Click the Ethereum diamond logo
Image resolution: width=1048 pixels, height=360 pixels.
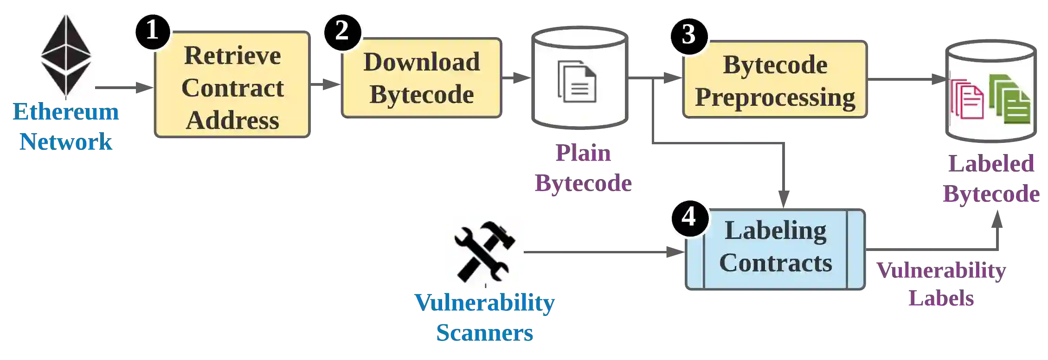[x=65, y=57]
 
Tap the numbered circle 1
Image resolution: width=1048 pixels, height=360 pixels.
[x=152, y=31]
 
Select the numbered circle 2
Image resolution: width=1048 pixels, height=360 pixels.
[x=342, y=31]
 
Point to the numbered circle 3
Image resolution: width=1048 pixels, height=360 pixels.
[x=688, y=35]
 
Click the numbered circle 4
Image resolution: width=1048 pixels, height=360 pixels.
[x=688, y=217]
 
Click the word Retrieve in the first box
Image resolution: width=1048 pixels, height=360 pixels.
[x=232, y=56]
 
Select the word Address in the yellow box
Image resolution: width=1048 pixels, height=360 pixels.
[x=232, y=120]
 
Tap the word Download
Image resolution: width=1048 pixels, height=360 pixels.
[x=421, y=62]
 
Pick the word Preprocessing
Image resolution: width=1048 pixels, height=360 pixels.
[x=775, y=97]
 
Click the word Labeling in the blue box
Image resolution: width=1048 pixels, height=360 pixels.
[x=775, y=231]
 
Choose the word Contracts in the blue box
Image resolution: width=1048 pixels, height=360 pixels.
[x=775, y=263]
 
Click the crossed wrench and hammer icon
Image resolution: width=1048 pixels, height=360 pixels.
[x=484, y=252]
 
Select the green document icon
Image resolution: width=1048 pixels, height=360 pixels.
[x=1010, y=99]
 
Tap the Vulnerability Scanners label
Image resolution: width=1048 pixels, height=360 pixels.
[x=485, y=318]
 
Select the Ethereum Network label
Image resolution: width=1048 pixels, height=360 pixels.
[x=65, y=127]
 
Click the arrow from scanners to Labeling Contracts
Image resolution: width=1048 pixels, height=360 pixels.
[x=603, y=252]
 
